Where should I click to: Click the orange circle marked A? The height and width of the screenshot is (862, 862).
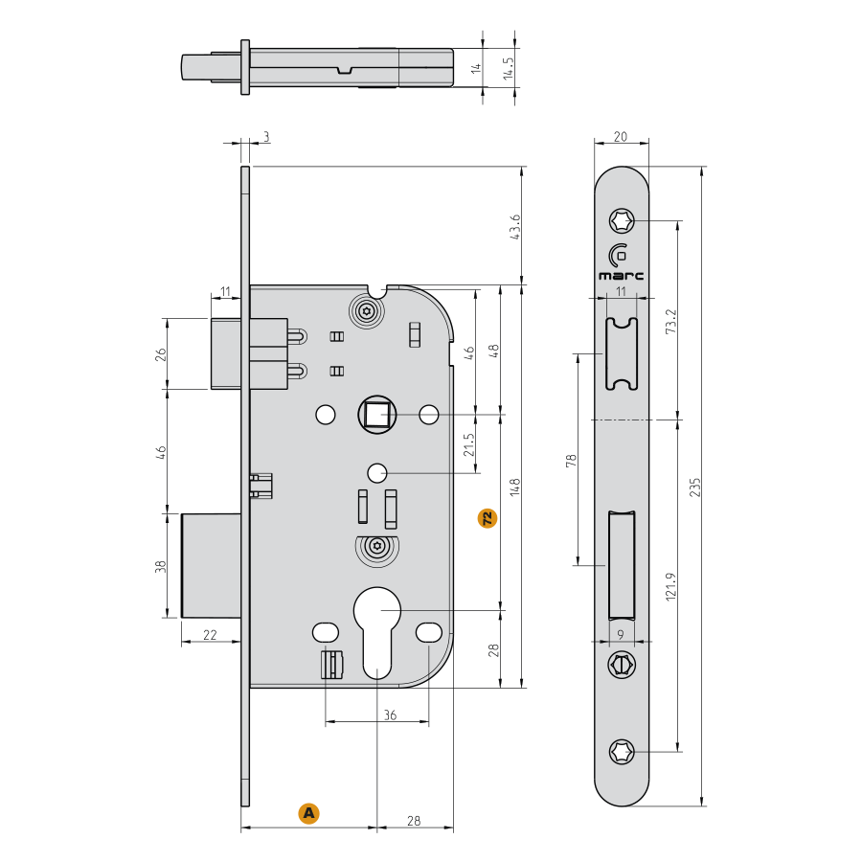(308, 813)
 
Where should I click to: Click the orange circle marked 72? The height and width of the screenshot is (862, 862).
(488, 519)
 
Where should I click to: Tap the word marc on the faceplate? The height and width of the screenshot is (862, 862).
(622, 275)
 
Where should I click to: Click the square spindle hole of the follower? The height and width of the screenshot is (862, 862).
(376, 415)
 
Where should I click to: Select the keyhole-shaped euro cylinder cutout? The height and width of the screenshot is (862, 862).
(377, 627)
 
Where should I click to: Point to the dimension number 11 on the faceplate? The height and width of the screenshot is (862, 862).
(621, 290)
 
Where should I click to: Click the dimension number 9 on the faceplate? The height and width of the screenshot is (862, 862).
(622, 634)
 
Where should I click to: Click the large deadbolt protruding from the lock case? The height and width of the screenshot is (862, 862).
(211, 566)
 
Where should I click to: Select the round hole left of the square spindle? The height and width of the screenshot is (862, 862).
(325, 415)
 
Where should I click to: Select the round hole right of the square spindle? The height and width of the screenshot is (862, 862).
(429, 415)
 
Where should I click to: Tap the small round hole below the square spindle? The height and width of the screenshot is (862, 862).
(377, 472)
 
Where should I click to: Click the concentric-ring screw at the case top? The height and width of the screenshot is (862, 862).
(366, 312)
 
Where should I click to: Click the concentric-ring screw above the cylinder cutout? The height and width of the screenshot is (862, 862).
(377, 550)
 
